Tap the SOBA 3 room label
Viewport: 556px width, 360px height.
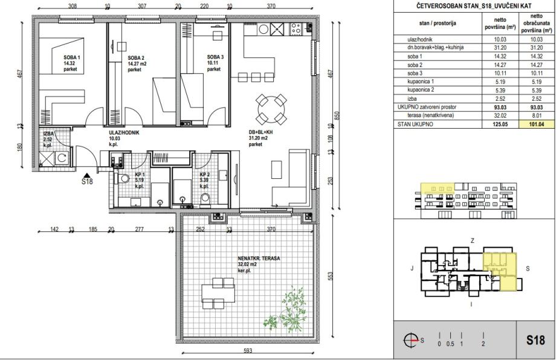point(215,57)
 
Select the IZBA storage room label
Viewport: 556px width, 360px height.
point(48,134)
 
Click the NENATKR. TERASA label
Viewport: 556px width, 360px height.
point(259,259)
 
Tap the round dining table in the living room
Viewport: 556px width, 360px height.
point(271,109)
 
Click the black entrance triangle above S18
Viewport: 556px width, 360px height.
point(87,175)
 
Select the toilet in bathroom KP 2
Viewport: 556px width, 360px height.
point(205,199)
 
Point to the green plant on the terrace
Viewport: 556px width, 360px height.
point(286,310)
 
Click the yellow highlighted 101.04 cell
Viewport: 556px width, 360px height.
point(537,124)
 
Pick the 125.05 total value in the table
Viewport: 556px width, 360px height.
point(500,124)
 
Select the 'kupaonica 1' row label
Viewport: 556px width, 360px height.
point(421,82)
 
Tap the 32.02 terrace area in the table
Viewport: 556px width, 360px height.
point(500,115)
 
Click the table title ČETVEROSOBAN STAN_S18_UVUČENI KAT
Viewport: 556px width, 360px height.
point(474,6)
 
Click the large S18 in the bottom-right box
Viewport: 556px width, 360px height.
point(535,340)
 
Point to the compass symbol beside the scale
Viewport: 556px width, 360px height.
point(412,341)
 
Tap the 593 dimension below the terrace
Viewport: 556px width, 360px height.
point(248,351)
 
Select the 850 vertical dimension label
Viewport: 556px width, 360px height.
point(337,115)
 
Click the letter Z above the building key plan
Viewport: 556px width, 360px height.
point(473,240)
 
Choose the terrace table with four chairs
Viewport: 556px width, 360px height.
point(218,293)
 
